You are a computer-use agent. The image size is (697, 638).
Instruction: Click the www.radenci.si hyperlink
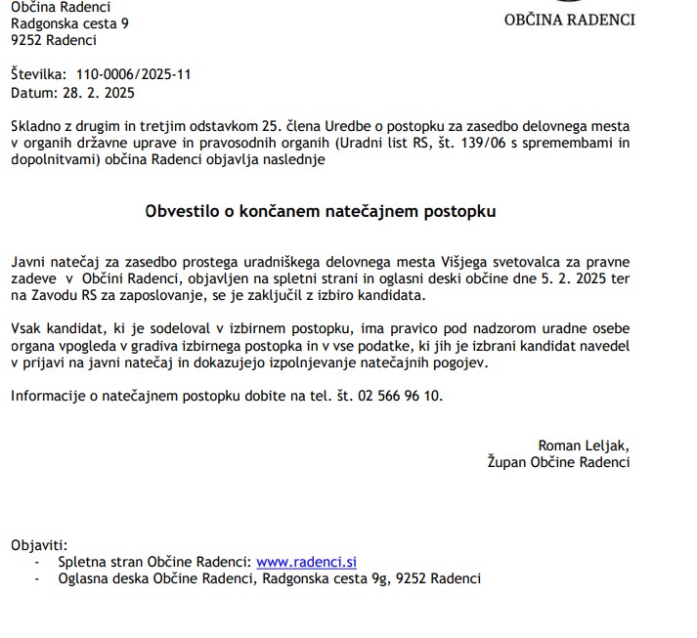[306, 562]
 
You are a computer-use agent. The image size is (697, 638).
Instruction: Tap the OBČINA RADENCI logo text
[569, 20]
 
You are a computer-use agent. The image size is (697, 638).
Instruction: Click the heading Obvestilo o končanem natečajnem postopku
[321, 211]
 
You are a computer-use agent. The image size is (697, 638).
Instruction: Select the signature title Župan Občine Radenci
[558, 463]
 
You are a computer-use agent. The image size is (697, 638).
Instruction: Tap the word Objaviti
[39, 545]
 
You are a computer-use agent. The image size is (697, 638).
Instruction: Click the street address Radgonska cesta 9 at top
[69, 23]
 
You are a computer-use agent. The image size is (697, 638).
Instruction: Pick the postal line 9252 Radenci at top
[54, 40]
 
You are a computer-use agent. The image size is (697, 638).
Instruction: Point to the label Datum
[33, 93]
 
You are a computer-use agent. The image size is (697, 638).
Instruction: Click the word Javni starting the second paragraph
[29, 262]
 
